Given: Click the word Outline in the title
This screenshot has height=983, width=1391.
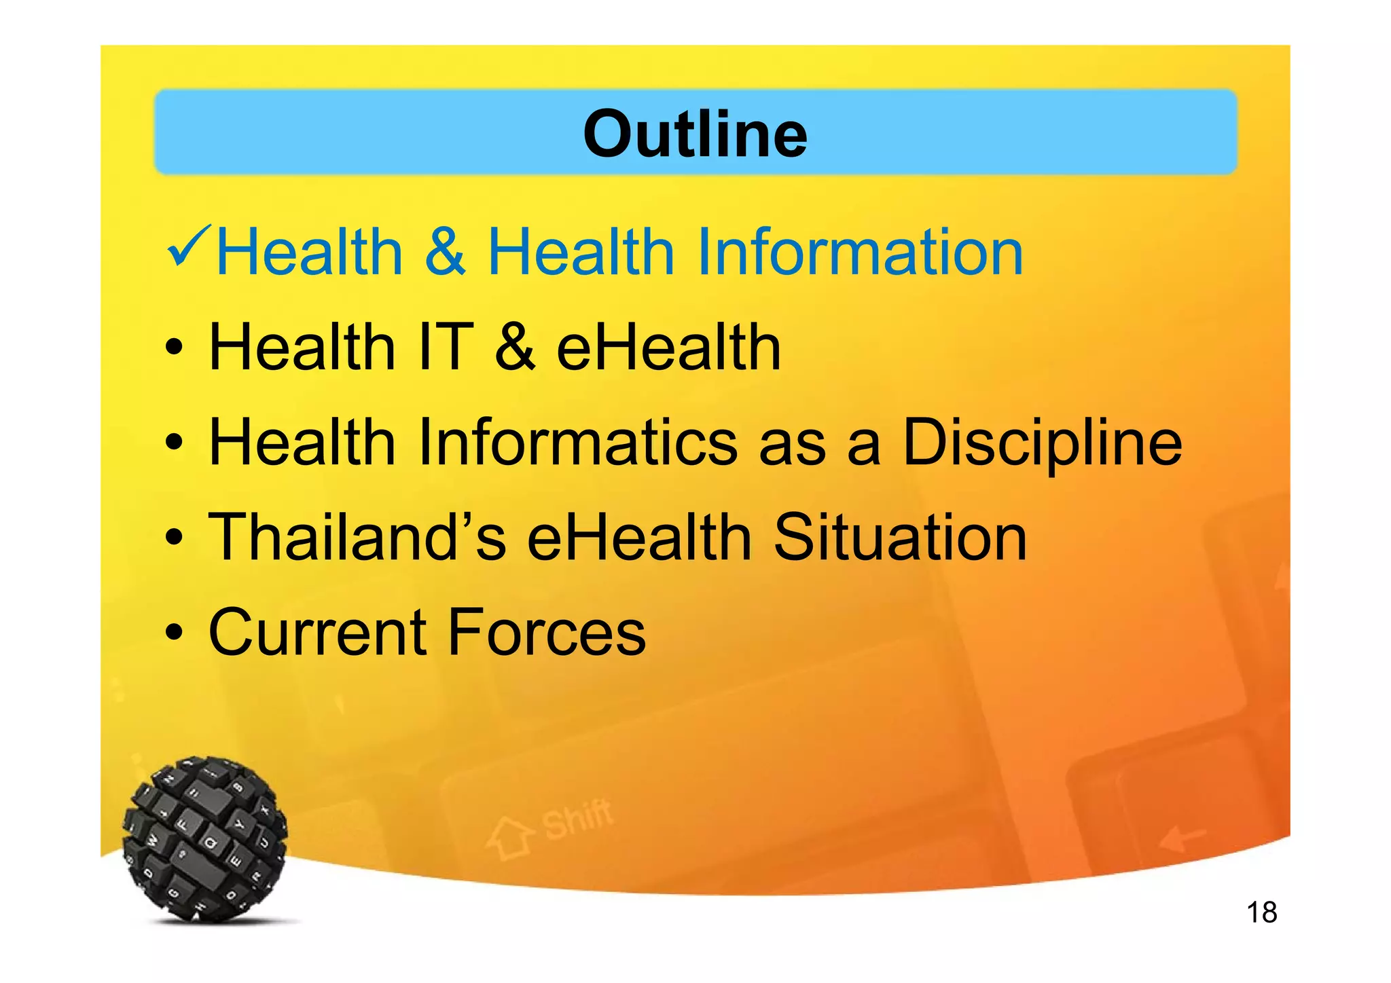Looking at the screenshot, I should tap(695, 134).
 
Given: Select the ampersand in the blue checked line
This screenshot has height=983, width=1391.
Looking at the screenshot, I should tap(445, 252).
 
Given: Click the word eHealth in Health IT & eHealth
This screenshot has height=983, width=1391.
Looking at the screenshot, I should tap(668, 347).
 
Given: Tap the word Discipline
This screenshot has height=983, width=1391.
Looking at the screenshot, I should tap(1042, 443).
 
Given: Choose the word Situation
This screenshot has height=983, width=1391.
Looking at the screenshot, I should tap(900, 537).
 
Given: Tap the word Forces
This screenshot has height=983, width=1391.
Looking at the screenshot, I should tap(547, 633).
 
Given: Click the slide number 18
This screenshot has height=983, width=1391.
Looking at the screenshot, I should tap(1261, 912).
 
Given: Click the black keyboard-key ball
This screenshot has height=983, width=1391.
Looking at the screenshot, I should tap(204, 839).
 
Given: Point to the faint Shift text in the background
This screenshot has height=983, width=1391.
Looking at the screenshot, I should tap(578, 819).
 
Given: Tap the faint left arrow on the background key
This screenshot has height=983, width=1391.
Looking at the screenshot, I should tap(1182, 840).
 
